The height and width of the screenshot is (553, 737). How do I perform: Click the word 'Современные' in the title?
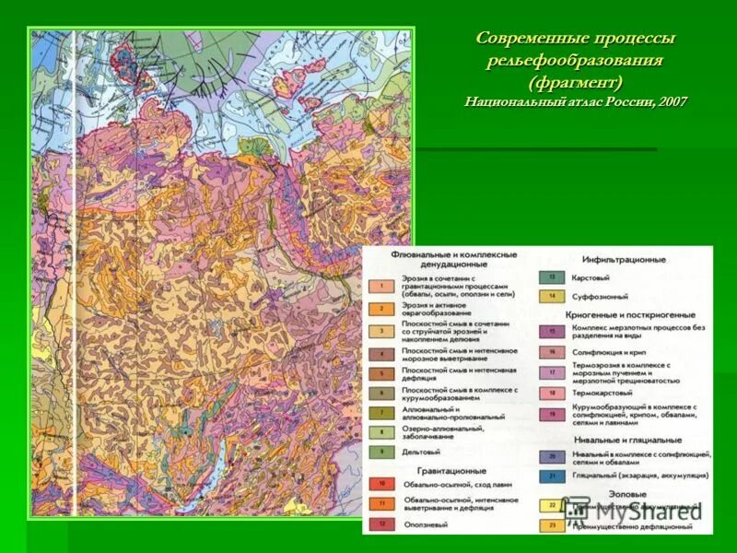click(522, 40)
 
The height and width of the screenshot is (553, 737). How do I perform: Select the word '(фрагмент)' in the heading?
click(576, 81)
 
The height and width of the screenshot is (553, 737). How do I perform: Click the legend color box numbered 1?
click(381, 286)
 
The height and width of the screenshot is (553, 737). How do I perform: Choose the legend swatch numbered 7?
click(381, 414)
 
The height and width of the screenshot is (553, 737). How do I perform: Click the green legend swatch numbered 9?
click(381, 453)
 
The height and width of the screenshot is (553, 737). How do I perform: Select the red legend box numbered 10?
click(381, 482)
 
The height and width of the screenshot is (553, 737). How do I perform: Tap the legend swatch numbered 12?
click(381, 524)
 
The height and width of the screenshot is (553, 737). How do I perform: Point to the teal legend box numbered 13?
click(552, 276)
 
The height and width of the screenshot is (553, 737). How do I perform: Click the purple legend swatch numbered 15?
click(552, 330)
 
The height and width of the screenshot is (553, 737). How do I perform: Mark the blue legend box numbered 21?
click(552, 476)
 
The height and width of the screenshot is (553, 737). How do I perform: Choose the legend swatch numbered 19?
click(552, 414)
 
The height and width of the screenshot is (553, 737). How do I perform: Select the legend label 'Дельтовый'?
click(422, 453)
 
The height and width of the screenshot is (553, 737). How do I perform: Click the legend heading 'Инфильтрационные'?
click(624, 259)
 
